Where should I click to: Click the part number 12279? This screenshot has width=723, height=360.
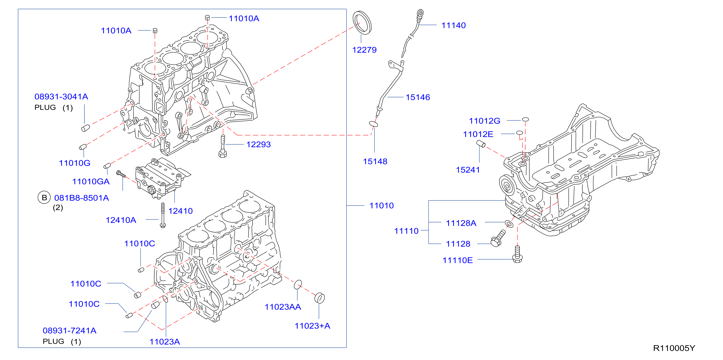click(x=364, y=50)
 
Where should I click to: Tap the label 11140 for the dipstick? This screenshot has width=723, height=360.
click(x=454, y=25)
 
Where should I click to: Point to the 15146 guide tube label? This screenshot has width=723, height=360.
click(x=418, y=97)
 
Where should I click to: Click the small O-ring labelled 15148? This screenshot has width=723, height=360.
click(x=373, y=124)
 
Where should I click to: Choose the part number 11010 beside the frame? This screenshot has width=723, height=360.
click(x=382, y=206)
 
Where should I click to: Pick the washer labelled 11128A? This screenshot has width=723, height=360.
click(x=509, y=224)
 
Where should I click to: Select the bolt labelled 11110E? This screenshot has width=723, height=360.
click(x=517, y=254)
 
